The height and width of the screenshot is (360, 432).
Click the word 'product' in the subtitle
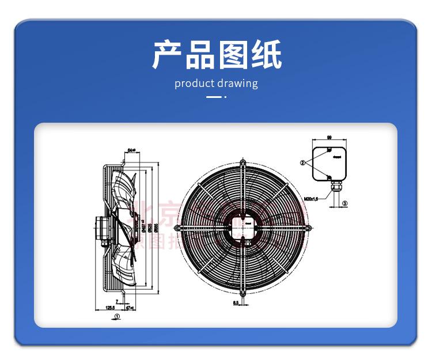click(x=195, y=83)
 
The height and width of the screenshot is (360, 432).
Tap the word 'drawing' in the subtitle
click(x=237, y=84)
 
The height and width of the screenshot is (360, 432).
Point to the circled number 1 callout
click(x=116, y=317)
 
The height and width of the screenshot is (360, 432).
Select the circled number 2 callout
click(x=302, y=163)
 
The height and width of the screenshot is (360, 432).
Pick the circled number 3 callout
click(x=345, y=203)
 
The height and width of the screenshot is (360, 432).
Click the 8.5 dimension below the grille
click(x=236, y=302)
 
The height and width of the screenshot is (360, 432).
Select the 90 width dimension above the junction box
click(x=328, y=138)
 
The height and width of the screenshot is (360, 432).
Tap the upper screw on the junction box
click(x=328, y=151)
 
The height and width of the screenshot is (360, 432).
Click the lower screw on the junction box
click(x=328, y=177)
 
